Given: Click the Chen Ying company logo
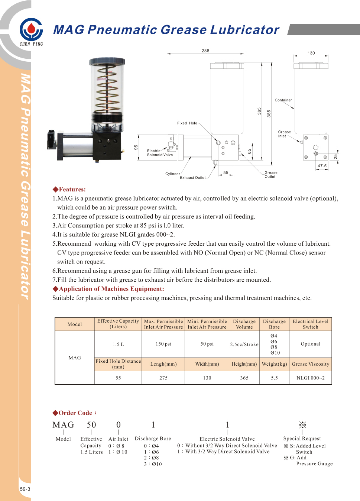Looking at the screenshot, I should [31, 30].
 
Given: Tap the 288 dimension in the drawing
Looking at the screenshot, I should [205, 51].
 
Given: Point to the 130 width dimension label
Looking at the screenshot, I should [311, 53].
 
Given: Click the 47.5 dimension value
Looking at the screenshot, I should [322, 166].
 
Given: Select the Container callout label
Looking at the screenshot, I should [283, 100].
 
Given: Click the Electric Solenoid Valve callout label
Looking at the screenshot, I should [160, 153].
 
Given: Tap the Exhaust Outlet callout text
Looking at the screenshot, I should [192, 178].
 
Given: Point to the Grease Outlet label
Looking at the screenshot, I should [270, 175].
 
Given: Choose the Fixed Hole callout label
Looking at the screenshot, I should [187, 123].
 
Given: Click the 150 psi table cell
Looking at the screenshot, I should [163, 344].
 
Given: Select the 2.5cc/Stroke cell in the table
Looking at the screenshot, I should [244, 345].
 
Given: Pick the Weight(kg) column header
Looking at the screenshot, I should [274, 364].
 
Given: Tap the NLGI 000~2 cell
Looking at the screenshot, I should [310, 378].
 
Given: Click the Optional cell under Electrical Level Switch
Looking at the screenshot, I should [310, 344].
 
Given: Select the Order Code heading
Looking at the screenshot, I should [75, 413].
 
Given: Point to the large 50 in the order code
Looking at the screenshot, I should [91, 425].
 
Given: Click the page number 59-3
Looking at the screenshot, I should [25, 489].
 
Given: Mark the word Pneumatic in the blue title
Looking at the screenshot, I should [122, 30].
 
